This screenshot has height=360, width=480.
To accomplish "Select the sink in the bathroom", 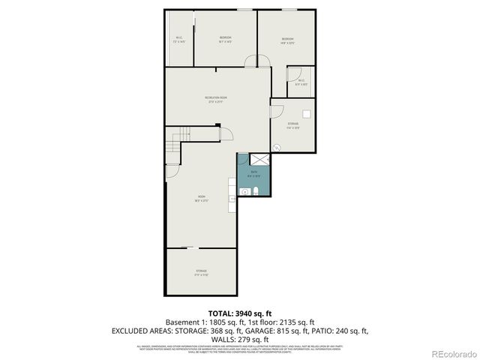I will (x=244, y=192).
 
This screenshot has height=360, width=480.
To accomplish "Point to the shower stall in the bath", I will (x=259, y=160).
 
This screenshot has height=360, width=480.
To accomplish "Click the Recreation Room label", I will (x=216, y=99).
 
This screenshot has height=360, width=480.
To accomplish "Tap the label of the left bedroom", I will (x=225, y=38).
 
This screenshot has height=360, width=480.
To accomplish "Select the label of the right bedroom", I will (x=287, y=40).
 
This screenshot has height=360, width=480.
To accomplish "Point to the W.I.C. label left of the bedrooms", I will (x=179, y=40).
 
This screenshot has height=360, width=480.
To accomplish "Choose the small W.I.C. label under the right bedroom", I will (x=300, y=82).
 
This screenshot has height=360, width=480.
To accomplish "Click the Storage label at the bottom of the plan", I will (x=202, y=272).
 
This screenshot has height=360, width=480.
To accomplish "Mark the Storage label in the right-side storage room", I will (x=292, y=124).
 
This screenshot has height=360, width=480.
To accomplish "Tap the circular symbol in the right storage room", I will (x=277, y=148).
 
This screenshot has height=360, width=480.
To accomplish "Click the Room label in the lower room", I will (x=202, y=198).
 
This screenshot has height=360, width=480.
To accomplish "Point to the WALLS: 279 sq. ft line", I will (x=239, y=339).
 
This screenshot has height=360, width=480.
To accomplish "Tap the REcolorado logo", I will (x=453, y=352).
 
